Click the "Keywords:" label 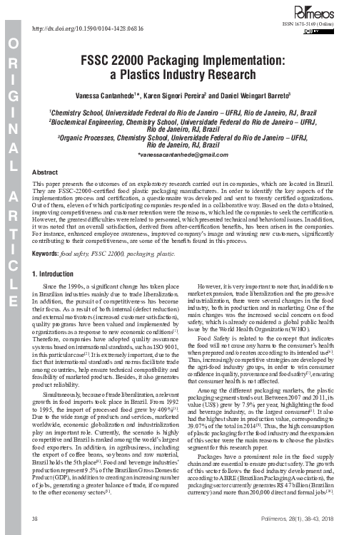coord(49,233)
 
